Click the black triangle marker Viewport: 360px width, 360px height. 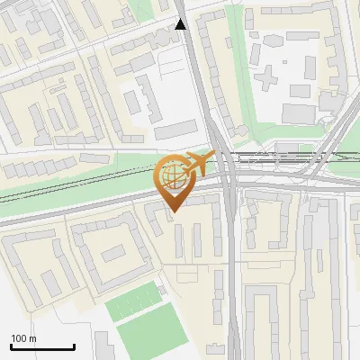pyautogui.click(x=181, y=24)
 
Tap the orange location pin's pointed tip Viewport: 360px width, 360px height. pyautogui.click(x=172, y=211)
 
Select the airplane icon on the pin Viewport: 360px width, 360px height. pyautogui.click(x=197, y=163)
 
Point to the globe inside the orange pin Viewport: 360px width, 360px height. pyautogui.click(x=171, y=175)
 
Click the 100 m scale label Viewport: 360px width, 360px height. pyautogui.click(x=23, y=338)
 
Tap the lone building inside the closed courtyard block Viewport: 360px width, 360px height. pyautogui.click(x=112, y=254)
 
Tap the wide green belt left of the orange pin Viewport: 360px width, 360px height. pyautogui.click(x=72, y=184)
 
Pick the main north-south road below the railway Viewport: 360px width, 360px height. pyautogui.click(x=232, y=270)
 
